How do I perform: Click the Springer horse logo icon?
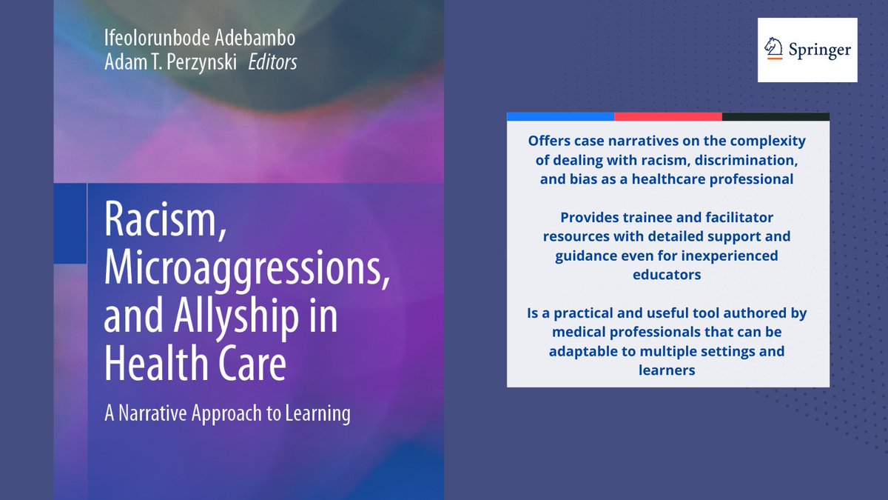(x=774, y=50)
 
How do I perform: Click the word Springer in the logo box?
(x=818, y=50)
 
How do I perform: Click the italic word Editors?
(x=272, y=62)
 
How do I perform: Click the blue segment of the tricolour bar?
(x=560, y=116)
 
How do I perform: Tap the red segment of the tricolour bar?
(x=667, y=116)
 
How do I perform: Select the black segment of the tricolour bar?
(x=776, y=116)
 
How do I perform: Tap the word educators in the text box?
(x=667, y=274)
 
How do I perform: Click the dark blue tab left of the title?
(x=70, y=222)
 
